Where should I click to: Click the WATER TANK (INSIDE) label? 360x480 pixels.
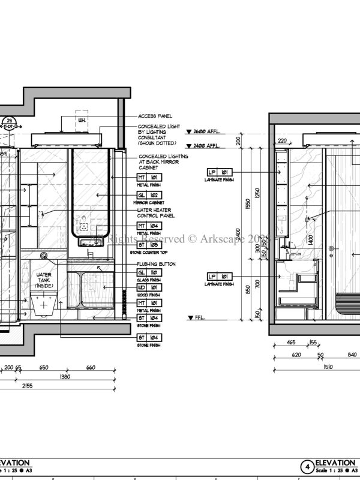[x=44, y=280]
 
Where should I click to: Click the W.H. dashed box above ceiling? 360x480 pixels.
[x=82, y=119]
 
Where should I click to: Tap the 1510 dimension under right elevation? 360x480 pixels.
[x=311, y=367]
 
